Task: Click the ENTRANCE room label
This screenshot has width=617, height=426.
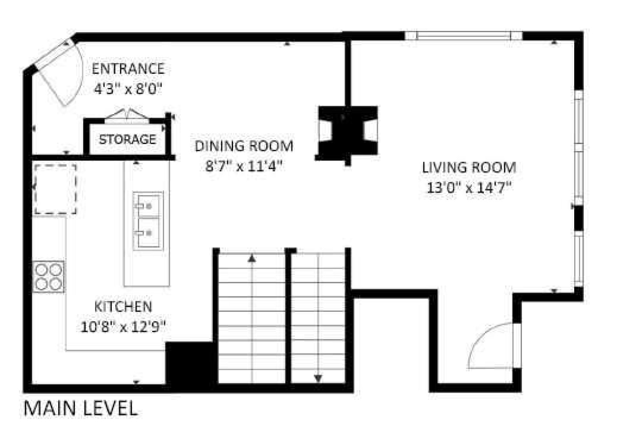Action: [x=128, y=69]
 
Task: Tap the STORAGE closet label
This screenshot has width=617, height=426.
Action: [x=128, y=139]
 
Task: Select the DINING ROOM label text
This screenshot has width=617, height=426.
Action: [x=244, y=146]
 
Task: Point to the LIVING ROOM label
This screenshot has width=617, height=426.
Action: [x=469, y=168]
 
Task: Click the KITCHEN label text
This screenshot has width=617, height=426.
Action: [x=123, y=307]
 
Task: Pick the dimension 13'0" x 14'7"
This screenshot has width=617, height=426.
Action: [x=469, y=188]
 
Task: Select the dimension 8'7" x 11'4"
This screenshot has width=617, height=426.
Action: [x=244, y=166]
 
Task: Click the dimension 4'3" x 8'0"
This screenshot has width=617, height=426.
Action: [x=128, y=89]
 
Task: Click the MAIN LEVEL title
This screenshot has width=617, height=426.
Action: [x=81, y=408]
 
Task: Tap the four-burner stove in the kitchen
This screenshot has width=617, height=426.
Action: [x=48, y=277]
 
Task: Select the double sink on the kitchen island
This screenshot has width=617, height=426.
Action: [x=148, y=221]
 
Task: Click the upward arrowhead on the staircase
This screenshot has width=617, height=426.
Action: [x=252, y=259]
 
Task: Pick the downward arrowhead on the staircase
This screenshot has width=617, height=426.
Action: [x=318, y=378]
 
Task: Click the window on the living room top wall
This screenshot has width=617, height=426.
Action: [x=464, y=36]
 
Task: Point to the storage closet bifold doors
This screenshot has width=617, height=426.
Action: [x=127, y=114]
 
